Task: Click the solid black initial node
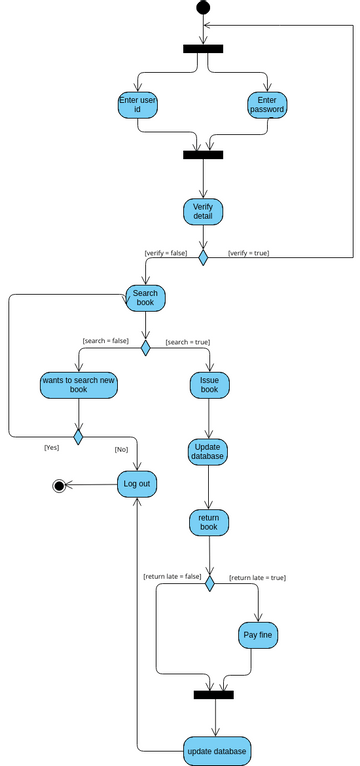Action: tap(203, 8)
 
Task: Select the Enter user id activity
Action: tap(137, 105)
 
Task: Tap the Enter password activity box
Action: tap(267, 105)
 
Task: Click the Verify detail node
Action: tap(203, 211)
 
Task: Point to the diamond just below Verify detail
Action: tap(203, 258)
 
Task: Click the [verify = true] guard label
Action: tap(249, 253)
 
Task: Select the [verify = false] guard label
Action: tap(166, 253)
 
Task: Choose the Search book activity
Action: tap(145, 297)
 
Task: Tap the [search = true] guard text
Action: tap(188, 341)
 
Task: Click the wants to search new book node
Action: tap(78, 385)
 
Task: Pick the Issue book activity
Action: tap(209, 385)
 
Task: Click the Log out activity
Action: tap(138, 485)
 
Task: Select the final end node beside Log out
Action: tap(59, 485)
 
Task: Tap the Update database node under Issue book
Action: tap(209, 451)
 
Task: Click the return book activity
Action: tap(209, 521)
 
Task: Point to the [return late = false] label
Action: tap(172, 576)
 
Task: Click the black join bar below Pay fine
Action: tap(213, 694)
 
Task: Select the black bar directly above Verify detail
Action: tap(203, 155)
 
